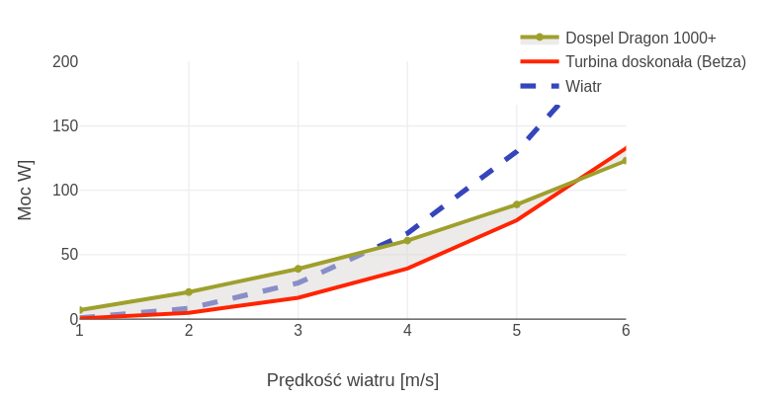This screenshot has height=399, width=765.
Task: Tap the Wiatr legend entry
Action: click(x=583, y=86)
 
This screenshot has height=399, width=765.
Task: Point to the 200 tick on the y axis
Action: click(x=65, y=62)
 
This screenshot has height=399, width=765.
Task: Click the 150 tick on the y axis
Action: click(x=65, y=126)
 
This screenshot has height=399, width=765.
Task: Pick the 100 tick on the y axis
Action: click(x=65, y=191)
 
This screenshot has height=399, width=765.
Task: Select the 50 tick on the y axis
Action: click(x=69, y=255)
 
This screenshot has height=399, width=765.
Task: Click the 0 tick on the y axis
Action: click(x=74, y=319)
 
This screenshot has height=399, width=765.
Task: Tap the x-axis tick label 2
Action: click(x=189, y=331)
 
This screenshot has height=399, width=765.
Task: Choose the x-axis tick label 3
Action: click(x=298, y=331)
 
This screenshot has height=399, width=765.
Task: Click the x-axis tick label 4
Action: click(x=407, y=331)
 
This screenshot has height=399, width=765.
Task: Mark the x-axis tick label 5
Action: click(x=517, y=331)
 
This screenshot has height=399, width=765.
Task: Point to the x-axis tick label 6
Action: click(x=626, y=331)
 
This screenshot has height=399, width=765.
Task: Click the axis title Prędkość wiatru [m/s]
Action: click(x=353, y=380)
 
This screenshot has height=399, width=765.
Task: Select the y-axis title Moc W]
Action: click(x=26, y=190)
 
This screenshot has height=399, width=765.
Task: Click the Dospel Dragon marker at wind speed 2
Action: click(x=189, y=292)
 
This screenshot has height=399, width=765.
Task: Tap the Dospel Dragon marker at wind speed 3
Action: click(x=298, y=269)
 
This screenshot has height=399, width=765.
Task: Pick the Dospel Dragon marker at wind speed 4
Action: click(x=407, y=240)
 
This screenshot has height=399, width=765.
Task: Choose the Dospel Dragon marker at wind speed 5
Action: click(x=517, y=204)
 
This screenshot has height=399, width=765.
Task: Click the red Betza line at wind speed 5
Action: click(x=517, y=219)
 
